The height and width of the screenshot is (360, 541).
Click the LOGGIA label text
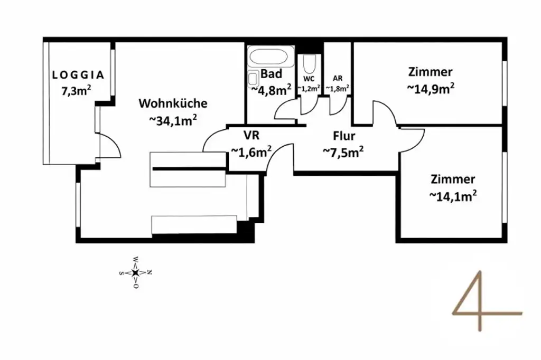click(78, 75)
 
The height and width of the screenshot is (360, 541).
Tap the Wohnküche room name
click(173, 103)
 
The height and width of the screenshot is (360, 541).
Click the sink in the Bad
click(253, 79)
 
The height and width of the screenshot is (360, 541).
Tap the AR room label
click(337, 77)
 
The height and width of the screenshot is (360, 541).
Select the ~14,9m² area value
click(431, 89)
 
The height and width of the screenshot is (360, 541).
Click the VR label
click(251, 134)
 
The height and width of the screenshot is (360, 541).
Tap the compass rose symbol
click(135, 272)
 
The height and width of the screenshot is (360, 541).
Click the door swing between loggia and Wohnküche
click(109, 145)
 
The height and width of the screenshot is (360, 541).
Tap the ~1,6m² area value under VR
click(251, 151)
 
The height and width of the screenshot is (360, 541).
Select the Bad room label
click(271, 73)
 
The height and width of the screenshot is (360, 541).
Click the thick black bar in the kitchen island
click(188, 169)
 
